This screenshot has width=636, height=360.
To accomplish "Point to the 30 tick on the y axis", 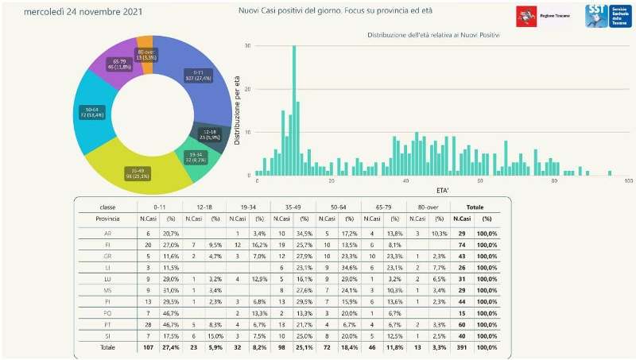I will [x=248, y=45].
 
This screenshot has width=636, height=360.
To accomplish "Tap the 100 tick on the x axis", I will [x=627, y=182].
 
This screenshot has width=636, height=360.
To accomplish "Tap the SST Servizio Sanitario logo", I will [x=607, y=15].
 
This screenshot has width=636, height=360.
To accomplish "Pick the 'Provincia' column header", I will [x=107, y=218].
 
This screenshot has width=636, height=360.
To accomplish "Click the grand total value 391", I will [x=461, y=347].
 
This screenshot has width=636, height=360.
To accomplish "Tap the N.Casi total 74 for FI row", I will [x=461, y=246].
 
